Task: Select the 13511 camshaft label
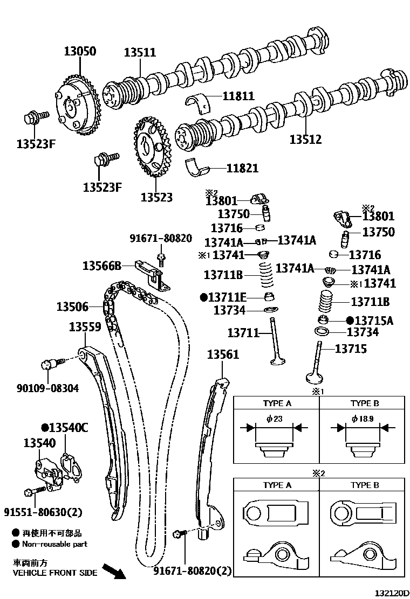tap(140, 53)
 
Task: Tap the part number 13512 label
tap(305, 140)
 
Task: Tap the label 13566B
tap(102, 265)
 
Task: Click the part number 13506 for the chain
tap(72, 307)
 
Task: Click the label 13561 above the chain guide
tap(223, 354)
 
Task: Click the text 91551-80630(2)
tap(43, 511)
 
